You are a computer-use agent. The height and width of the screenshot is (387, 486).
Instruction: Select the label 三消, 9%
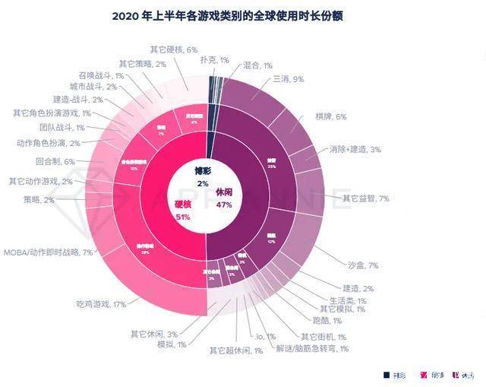pos(288,79)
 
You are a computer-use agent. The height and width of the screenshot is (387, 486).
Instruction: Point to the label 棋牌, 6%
pos(330,116)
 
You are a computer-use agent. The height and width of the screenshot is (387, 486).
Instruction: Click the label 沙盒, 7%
pos(361,265)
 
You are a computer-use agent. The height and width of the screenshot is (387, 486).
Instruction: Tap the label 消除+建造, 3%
pos(355,149)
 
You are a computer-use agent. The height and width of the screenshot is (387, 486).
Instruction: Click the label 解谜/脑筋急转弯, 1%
pos(312,348)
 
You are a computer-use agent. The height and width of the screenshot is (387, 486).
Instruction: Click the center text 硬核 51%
pos(182,211)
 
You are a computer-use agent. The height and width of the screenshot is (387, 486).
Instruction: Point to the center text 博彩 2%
pos(202,177)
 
